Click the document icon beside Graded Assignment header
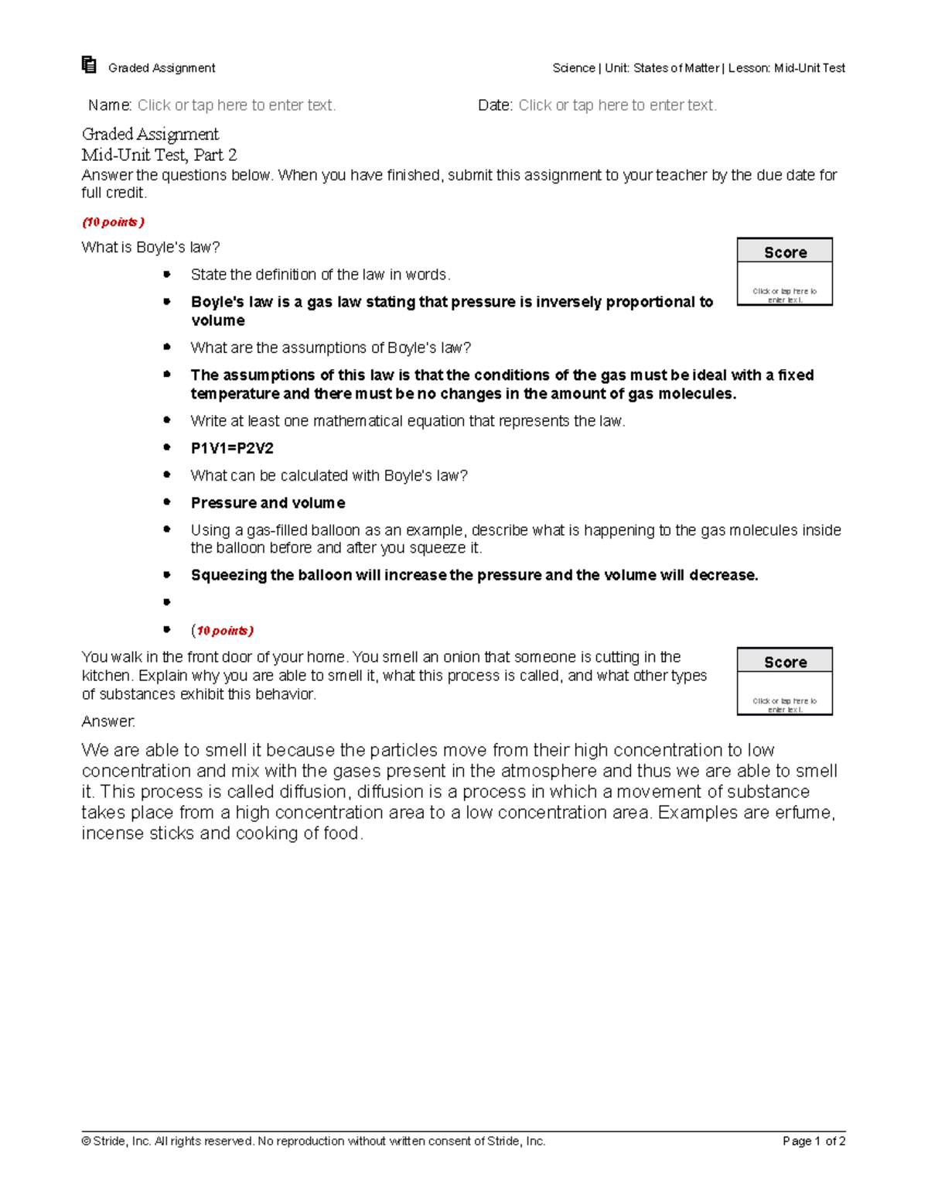tap(89, 65)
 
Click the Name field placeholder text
tap(236, 105)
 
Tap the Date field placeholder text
tap(617, 105)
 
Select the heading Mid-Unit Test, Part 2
tap(159, 155)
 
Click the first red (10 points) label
tap(113, 222)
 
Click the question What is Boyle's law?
tap(151, 248)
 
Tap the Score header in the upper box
tap(785, 252)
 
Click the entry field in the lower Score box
tap(785, 704)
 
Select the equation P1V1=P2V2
tap(232, 448)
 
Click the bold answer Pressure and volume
tap(268, 503)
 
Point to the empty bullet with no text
tap(166, 602)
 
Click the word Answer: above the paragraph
tap(108, 721)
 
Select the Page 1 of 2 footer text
tap(814, 1141)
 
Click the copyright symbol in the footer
tap(86, 1141)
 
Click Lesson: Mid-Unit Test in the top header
tap(786, 68)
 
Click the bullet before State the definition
tap(166, 274)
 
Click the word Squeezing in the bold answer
tap(229, 575)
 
